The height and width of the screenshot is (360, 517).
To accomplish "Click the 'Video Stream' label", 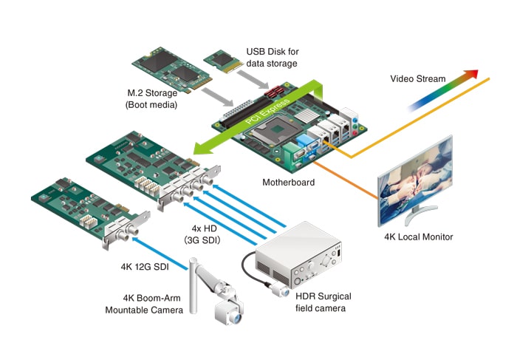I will tap(417, 78).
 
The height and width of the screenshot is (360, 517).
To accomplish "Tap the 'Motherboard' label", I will tap(289, 182).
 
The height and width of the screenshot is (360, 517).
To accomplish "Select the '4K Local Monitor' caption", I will tap(419, 237).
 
